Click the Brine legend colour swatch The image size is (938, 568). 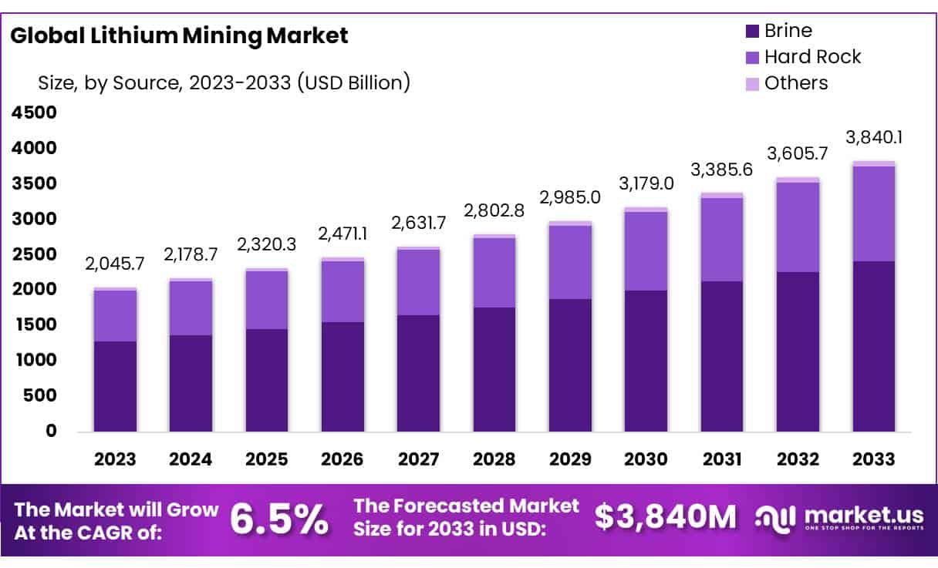[752, 32]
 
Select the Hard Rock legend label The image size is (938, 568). [812, 57]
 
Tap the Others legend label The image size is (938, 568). [795, 83]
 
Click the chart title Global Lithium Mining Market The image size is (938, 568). [179, 35]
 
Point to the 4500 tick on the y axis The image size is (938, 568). [34, 113]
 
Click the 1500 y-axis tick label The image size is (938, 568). [34, 324]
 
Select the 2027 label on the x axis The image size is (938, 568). [419, 459]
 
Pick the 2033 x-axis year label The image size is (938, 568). [874, 459]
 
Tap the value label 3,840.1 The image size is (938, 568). [874, 138]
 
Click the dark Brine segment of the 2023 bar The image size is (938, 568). [115, 386]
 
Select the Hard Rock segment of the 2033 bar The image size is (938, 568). [874, 213]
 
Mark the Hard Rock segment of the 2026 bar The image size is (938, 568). [342, 291]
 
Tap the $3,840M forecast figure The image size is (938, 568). [665, 518]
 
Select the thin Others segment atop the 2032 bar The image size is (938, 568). [798, 180]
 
